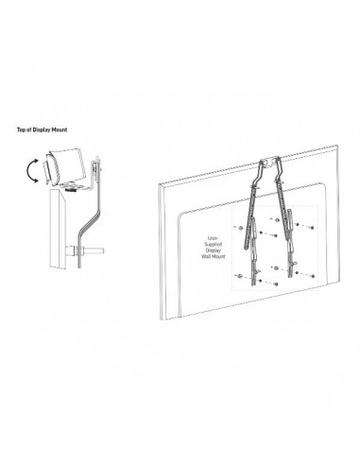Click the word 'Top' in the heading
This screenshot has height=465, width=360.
pos(21,129)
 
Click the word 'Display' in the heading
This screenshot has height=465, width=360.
pos(42,129)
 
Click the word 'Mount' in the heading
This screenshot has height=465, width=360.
pos(60,129)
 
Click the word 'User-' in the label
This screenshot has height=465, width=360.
pos(213,238)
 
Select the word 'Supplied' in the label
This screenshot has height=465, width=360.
pos(213,244)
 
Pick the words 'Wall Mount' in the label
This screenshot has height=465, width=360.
pos(214,256)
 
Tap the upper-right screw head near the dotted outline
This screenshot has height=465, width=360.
pos(312,228)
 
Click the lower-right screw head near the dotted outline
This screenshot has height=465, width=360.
pos(313,276)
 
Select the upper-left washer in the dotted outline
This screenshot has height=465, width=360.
pos(240,228)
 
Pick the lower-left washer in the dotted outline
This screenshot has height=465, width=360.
pos(239,276)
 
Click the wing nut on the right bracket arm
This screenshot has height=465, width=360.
pos(296,264)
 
